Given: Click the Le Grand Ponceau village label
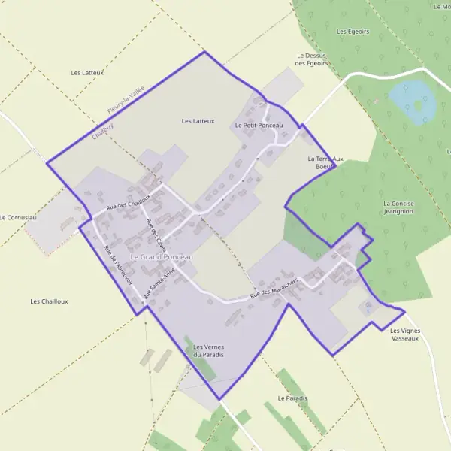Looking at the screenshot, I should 162,257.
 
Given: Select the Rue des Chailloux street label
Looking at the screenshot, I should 129,201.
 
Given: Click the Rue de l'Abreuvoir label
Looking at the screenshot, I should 118,264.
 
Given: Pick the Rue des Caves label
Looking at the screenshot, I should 156,229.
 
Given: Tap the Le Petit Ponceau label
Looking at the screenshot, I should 259,125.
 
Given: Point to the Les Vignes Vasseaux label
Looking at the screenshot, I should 405,334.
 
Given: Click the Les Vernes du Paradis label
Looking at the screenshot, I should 209,350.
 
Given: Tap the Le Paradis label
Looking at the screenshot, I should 292,398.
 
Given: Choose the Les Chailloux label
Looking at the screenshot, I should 49,301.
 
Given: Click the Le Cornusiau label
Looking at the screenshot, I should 17,217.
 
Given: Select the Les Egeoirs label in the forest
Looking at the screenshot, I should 353,32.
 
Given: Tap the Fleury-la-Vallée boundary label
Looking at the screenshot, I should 125,100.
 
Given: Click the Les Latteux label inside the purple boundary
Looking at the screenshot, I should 198,120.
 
